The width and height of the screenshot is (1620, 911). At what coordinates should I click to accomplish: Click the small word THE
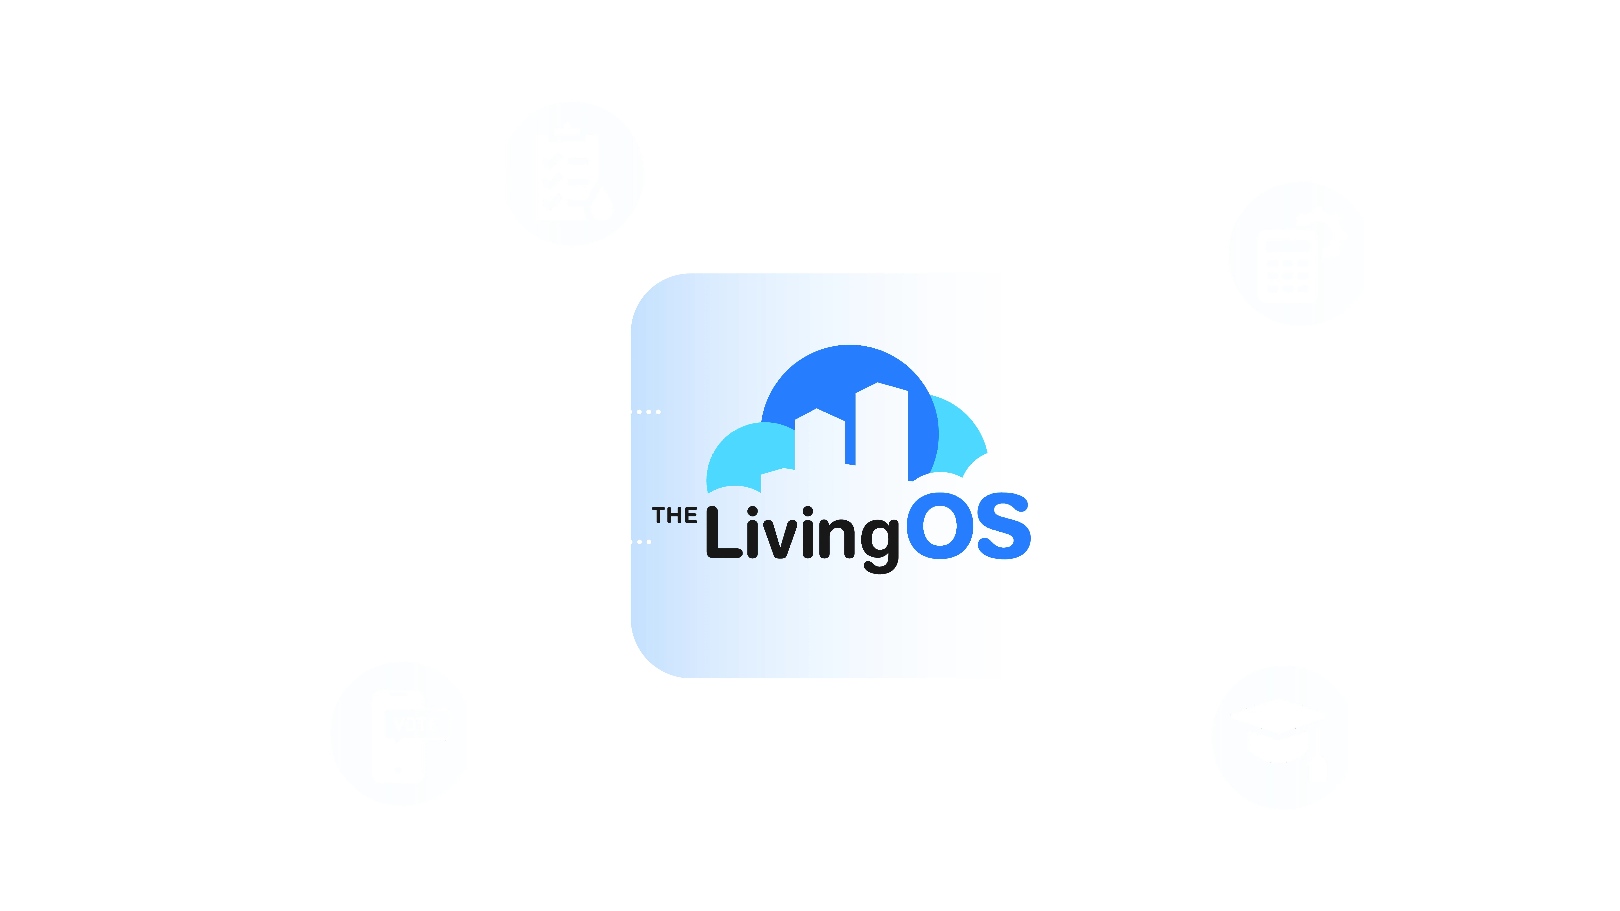[x=674, y=515]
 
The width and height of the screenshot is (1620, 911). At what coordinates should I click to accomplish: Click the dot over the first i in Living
[x=752, y=512]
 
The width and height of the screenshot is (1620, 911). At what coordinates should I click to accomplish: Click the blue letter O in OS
[x=940, y=526]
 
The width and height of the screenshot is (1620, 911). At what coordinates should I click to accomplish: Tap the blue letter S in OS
[x=1004, y=526]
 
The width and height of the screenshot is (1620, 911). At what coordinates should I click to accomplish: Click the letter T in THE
[x=659, y=515]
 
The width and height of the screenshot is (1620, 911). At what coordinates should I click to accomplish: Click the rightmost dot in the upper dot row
[x=659, y=412]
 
